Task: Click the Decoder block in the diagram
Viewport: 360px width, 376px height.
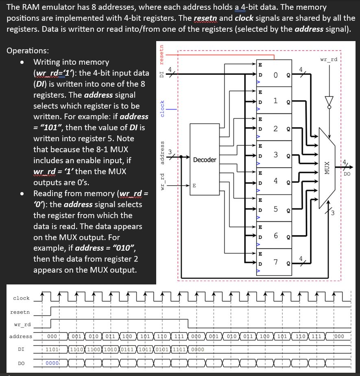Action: (x=204, y=160)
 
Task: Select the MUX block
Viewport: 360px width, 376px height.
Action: (x=326, y=168)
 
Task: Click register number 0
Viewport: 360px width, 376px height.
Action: (x=275, y=74)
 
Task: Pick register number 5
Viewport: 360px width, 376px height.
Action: (x=275, y=209)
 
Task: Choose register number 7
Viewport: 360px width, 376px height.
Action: (x=275, y=262)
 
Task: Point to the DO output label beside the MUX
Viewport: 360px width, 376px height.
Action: (x=347, y=174)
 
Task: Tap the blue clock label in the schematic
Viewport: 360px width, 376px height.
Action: (x=163, y=109)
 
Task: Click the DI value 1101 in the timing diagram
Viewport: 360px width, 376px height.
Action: (x=52, y=349)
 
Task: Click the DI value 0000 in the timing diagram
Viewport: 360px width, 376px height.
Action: (x=197, y=349)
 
